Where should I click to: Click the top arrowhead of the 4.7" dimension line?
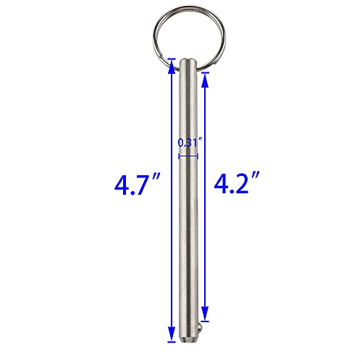pos(172,64)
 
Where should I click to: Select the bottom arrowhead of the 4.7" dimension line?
pos(172,335)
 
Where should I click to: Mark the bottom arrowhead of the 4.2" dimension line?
pos(206,314)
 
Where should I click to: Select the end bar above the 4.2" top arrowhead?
pos(206,72)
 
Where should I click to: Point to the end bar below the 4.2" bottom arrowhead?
pos(206,320)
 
